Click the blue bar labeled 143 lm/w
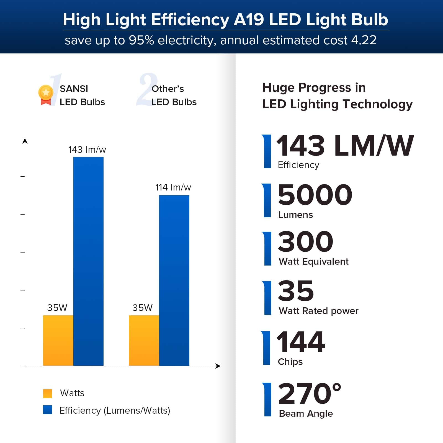(x=88, y=260)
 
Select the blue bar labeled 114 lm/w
(x=174, y=280)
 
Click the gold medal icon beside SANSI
(x=46, y=94)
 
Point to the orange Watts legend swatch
(x=48, y=393)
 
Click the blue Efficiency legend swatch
(x=48, y=410)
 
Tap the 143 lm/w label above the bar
(x=87, y=150)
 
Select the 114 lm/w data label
(x=173, y=187)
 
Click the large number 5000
(x=315, y=195)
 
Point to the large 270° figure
(x=309, y=394)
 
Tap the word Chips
(x=290, y=362)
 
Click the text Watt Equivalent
(x=313, y=262)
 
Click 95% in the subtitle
(x=141, y=40)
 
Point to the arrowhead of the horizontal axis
(x=218, y=366)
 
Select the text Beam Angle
(x=306, y=414)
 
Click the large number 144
(x=301, y=342)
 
